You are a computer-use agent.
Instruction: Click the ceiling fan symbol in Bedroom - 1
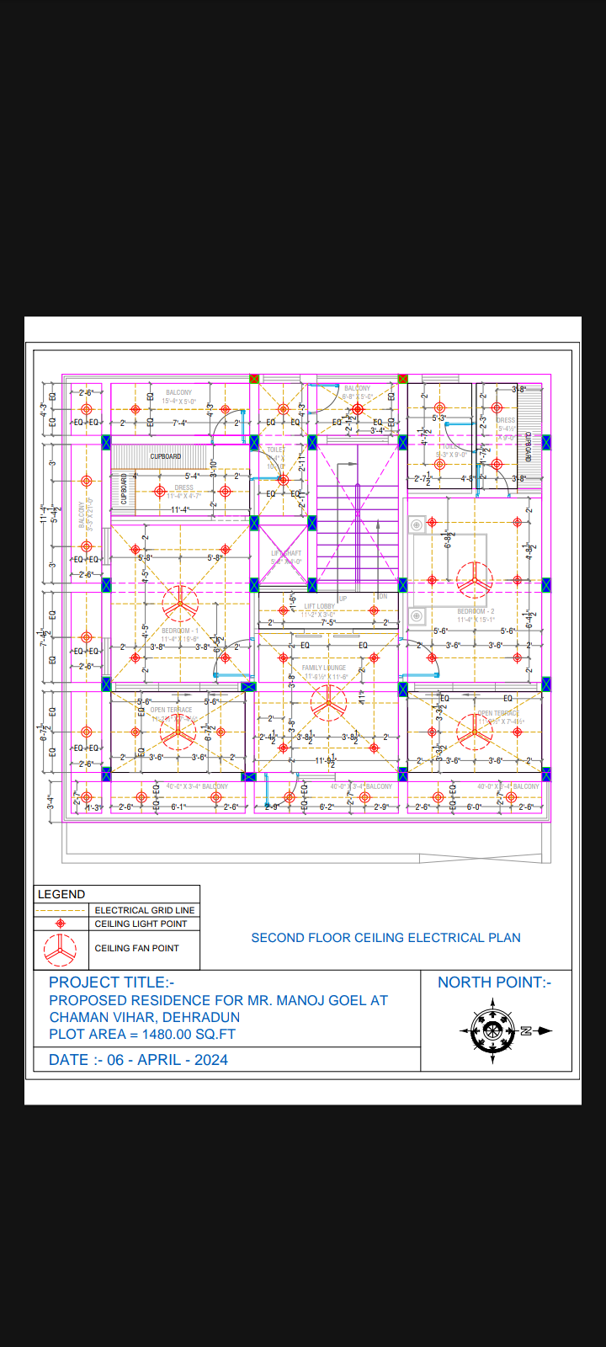coord(179,602)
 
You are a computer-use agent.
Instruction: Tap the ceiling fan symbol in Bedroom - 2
coord(475,580)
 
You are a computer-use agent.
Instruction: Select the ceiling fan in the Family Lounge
coord(328,701)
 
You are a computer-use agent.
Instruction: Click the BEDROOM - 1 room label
coord(180,631)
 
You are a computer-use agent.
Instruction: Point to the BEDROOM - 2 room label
coord(476,611)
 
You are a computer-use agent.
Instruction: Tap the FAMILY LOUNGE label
coord(324,668)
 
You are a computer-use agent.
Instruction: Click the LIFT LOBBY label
coord(319,606)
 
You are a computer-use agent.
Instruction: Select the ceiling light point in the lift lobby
coord(374,610)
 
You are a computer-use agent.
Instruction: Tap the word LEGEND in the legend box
coord(61,894)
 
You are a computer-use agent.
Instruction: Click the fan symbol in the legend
coord(60,949)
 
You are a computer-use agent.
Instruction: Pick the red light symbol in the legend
coord(60,924)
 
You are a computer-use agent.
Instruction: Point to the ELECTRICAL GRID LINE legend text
coord(144,910)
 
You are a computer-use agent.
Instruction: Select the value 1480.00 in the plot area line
coord(167,1034)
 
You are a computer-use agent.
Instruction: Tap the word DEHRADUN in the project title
coord(200,1017)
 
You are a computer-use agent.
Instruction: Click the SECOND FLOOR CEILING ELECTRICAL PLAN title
coord(385,938)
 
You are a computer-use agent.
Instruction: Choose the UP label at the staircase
coord(343,599)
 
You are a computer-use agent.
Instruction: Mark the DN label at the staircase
coord(383,596)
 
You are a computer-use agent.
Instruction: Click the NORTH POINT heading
coord(494,982)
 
